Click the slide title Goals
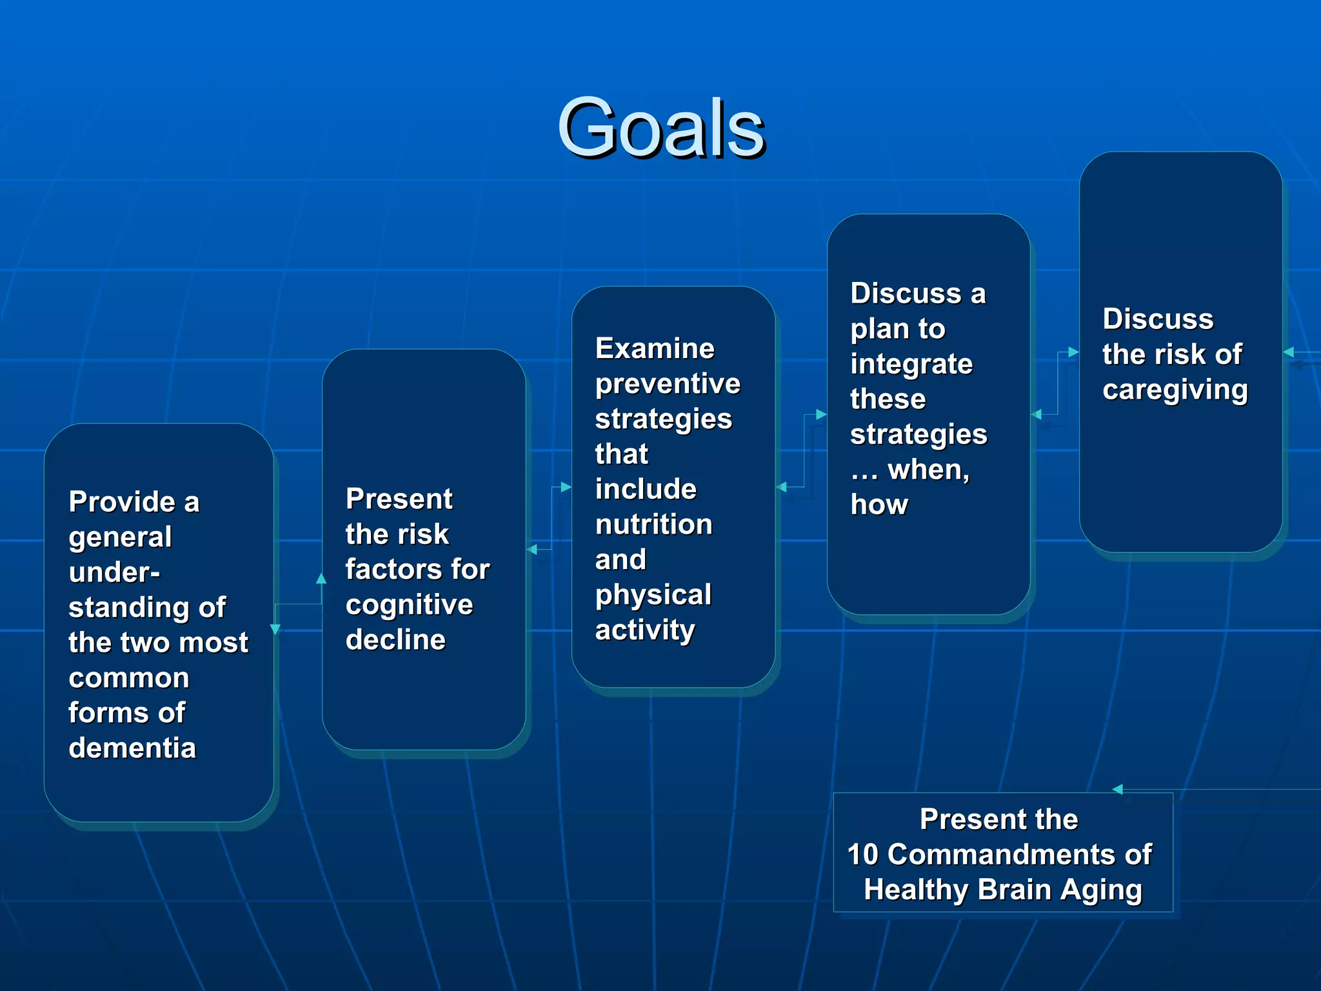pos(660,128)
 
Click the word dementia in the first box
pos(132,748)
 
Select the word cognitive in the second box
pos(409,605)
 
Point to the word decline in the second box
pos(395,640)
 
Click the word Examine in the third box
pos(655,348)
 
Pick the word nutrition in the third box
pos(653,524)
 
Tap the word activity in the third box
pos(645,630)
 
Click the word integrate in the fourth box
pos(911,365)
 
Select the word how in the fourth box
pos(879,505)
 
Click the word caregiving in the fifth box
pos(1175,390)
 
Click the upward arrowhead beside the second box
pos(321,579)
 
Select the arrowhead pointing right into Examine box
pos(566,487)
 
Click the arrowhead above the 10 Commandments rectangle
pos(1118,789)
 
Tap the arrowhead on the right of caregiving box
pos(1289,352)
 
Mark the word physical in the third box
pos(653,595)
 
